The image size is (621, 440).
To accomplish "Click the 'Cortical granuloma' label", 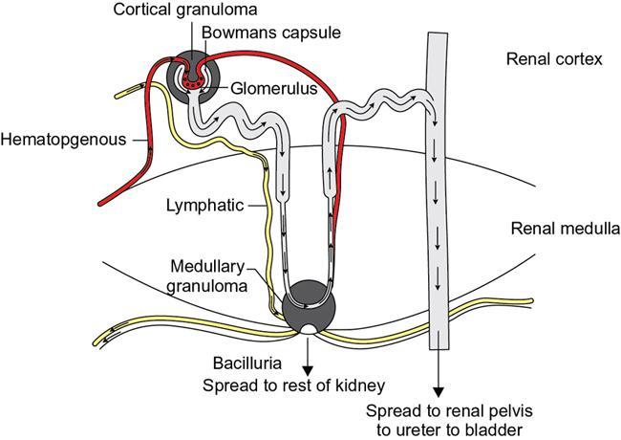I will (x=177, y=11).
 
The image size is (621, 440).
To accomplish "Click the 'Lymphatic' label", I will (x=205, y=205).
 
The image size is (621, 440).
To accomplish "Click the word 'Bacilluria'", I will (x=247, y=364).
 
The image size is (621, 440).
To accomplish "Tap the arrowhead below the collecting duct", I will (x=439, y=391).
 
